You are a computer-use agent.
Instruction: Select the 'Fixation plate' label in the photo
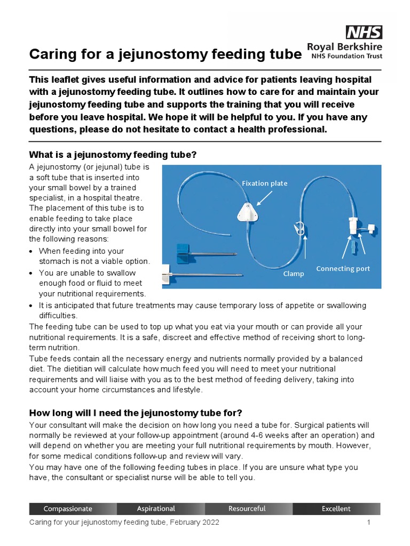[264, 183]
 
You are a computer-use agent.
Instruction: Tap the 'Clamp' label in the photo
[294, 274]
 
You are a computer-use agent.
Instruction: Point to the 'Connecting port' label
[343, 268]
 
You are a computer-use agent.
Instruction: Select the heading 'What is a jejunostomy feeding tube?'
[113, 155]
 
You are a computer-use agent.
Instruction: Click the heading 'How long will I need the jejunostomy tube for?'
[136, 413]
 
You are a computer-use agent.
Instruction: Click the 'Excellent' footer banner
[336, 509]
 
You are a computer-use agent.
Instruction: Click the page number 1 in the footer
[368, 523]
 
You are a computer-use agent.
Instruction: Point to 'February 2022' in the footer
[194, 523]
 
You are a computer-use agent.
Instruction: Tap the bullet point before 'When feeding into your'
[32, 251]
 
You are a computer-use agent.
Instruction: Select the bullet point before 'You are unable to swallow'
[32, 273]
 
